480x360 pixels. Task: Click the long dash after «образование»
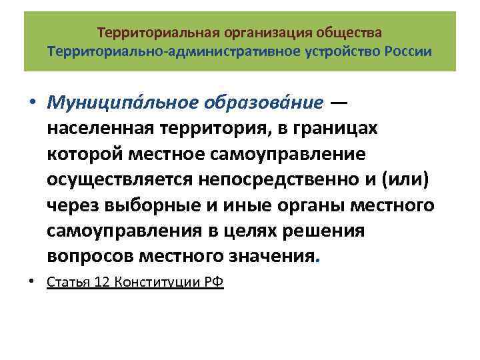point(340,103)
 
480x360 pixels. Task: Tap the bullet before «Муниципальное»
point(32,104)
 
